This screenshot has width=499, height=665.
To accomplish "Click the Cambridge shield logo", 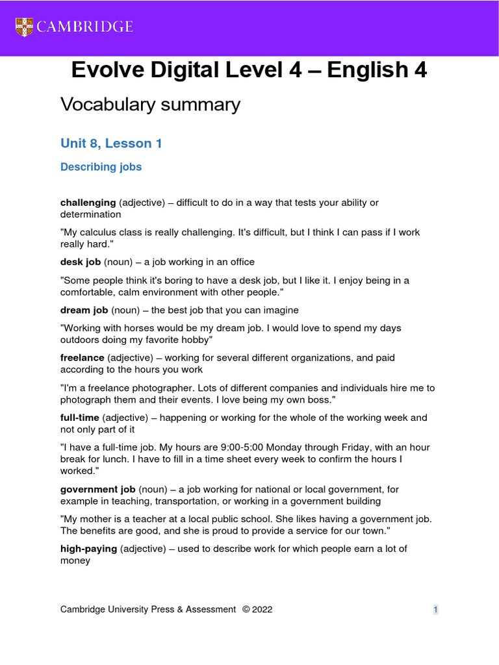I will [x=23, y=27].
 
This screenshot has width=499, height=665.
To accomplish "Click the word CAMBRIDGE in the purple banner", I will [x=85, y=27].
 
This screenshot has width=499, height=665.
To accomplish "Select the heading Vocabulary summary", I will [x=150, y=104].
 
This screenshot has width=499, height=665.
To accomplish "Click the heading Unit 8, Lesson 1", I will [x=111, y=144].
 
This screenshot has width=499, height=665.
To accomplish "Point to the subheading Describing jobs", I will [x=101, y=167].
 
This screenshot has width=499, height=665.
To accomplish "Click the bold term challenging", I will [x=88, y=203].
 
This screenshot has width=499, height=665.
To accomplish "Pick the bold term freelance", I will [x=83, y=358].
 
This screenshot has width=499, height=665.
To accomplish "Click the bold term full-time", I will [x=79, y=418].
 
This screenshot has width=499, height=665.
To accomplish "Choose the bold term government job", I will [x=97, y=489].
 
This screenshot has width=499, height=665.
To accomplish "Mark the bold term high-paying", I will [x=88, y=549].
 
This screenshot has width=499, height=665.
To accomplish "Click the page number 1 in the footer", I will [x=436, y=609].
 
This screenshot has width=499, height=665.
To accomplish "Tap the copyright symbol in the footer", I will [x=246, y=609].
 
